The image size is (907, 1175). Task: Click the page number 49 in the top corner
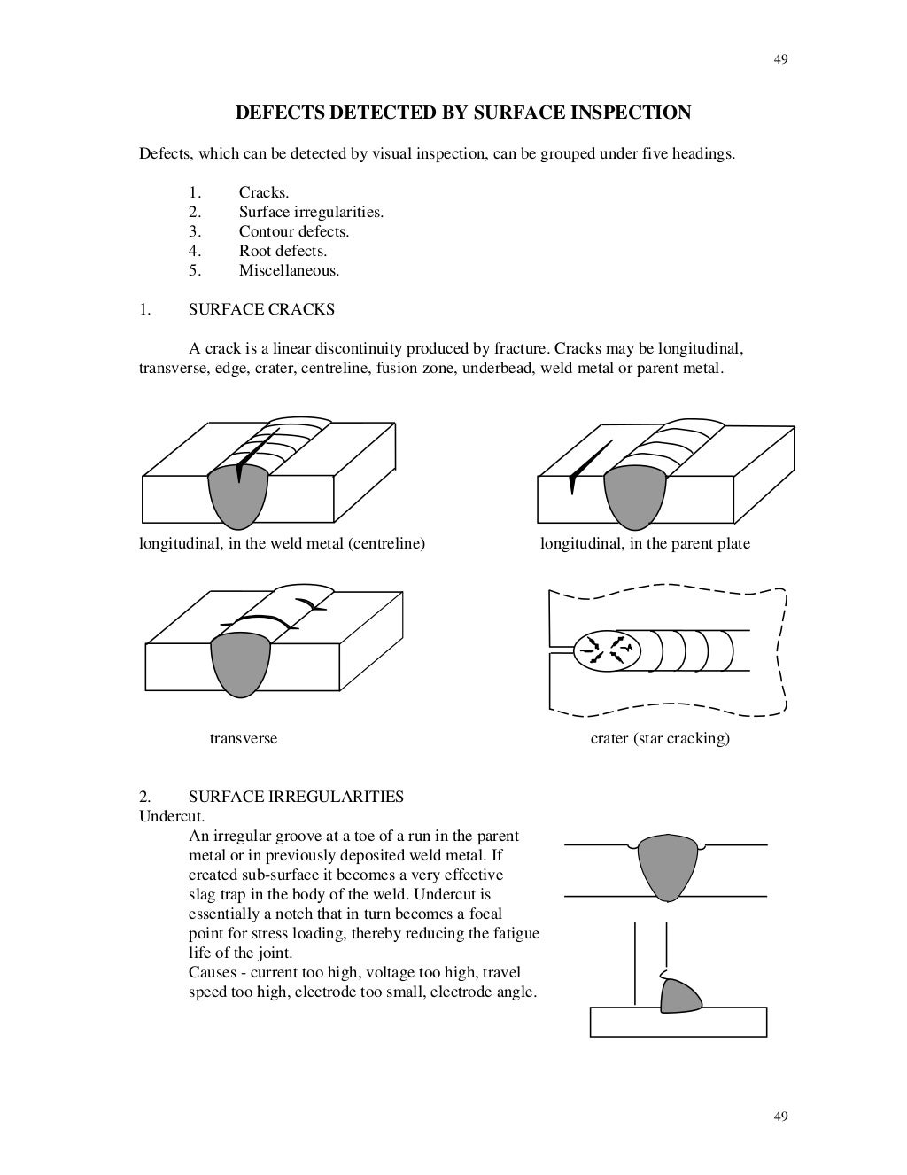[x=780, y=59]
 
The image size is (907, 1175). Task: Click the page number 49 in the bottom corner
[x=780, y=1116]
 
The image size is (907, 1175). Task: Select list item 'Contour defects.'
[x=293, y=231]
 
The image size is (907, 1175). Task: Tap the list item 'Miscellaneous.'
[x=289, y=270]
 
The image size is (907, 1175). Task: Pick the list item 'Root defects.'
[x=283, y=251]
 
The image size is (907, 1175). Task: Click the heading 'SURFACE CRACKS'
[x=261, y=309]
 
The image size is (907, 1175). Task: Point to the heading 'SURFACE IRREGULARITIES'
[x=296, y=796]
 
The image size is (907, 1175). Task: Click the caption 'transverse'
[x=243, y=738]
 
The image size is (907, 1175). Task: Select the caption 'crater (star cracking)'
[x=660, y=738]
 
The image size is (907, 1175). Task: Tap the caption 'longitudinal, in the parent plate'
[x=645, y=543]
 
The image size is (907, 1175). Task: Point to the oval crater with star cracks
[x=605, y=650]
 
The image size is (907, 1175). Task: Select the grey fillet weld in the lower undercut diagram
[x=679, y=996]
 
